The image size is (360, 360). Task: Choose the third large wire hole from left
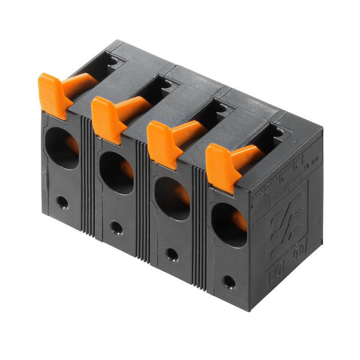pos(172,198)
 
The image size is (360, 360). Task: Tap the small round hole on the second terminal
pos(116,228)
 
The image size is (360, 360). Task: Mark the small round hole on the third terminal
pos(172,254)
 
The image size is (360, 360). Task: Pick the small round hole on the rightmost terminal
pos(229,282)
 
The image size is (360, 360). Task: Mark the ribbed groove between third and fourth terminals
pos(199,227)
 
